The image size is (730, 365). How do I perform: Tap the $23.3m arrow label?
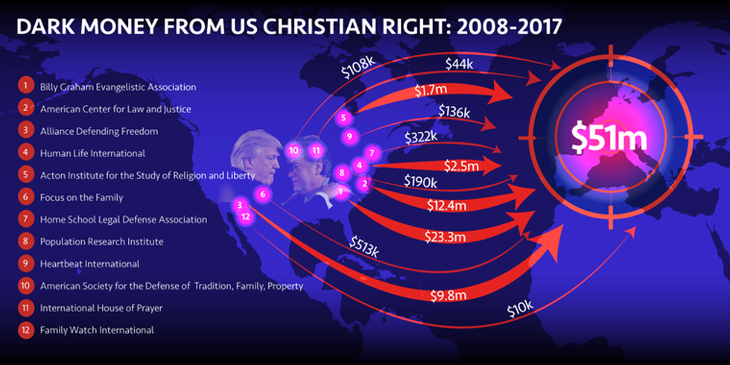click(446, 238)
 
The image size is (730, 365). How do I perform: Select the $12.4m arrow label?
click(447, 204)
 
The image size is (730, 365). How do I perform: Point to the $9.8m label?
click(448, 296)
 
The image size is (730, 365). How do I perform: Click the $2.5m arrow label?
click(461, 165)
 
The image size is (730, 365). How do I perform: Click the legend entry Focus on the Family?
click(81, 197)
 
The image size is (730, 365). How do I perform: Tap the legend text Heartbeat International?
click(89, 264)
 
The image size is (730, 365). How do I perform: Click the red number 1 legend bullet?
click(25, 86)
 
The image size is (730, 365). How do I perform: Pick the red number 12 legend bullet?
click(25, 329)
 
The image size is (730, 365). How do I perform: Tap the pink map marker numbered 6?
click(261, 194)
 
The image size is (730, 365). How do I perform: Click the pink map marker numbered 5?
click(343, 118)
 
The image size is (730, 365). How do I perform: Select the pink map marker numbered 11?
click(316, 150)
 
